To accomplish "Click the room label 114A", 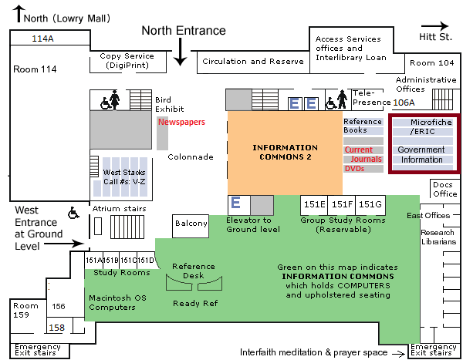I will coord(42,38).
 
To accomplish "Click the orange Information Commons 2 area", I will coord(286,152).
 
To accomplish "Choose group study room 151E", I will coord(314,204).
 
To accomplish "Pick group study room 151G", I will coord(370,204).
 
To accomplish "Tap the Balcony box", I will coord(191,224).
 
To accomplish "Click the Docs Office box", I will coord(444,189).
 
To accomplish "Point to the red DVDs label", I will coord(354,169).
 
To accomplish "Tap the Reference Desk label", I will coord(194,271).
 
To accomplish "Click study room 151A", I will coord(93,260).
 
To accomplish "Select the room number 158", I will coord(57,328).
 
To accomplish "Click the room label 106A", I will coord(404,102).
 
